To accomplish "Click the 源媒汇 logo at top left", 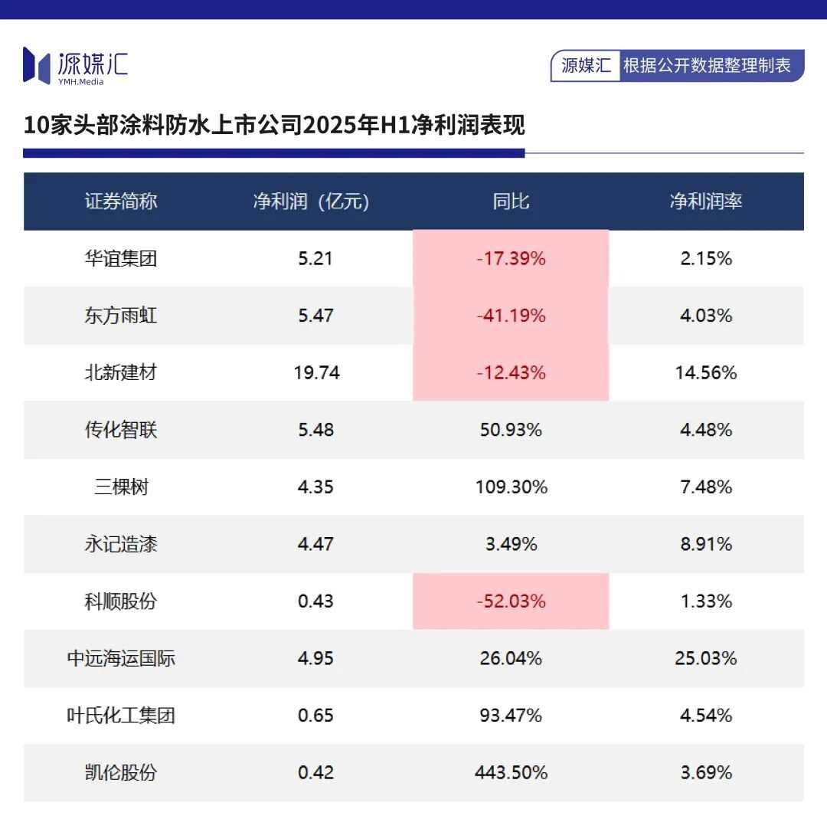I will [x=75, y=65].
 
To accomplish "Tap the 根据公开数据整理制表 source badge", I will [x=707, y=66].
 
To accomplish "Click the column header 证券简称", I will [x=121, y=201].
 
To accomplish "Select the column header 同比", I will [x=511, y=201].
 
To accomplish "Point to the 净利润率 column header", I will [x=705, y=201].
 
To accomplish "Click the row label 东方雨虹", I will [x=121, y=316].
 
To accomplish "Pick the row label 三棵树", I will [x=121, y=487].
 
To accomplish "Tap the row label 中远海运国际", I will [x=121, y=658].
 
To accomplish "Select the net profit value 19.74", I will [x=315, y=373].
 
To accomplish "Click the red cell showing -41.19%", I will [x=511, y=316].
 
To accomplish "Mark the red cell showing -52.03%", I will [x=511, y=601].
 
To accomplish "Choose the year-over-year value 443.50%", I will [x=511, y=772].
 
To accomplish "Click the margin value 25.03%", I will [x=705, y=658].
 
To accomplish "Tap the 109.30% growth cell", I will [x=511, y=487].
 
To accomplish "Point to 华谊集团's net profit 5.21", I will [x=315, y=259].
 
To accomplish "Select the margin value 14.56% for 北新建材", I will [x=705, y=373].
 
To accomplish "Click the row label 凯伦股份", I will [x=121, y=772].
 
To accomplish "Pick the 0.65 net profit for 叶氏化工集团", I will [x=315, y=716].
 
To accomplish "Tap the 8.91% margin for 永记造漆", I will [x=705, y=544].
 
